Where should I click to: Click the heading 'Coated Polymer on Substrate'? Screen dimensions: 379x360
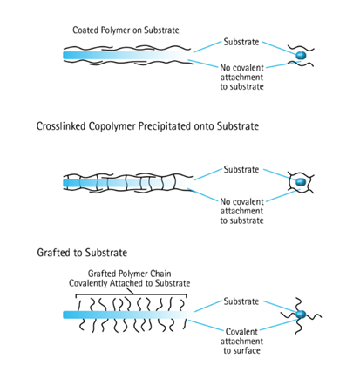[x=126, y=30]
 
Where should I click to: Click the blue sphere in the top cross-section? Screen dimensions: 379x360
[x=301, y=55]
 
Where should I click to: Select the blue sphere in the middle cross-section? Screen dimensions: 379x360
[x=301, y=183]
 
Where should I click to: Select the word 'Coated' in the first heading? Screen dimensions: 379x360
[x=87, y=30]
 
